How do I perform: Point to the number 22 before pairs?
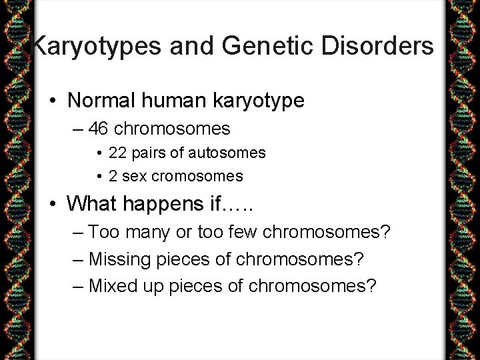[117, 153]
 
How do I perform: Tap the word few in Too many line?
[244, 232]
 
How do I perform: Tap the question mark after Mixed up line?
[371, 286]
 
